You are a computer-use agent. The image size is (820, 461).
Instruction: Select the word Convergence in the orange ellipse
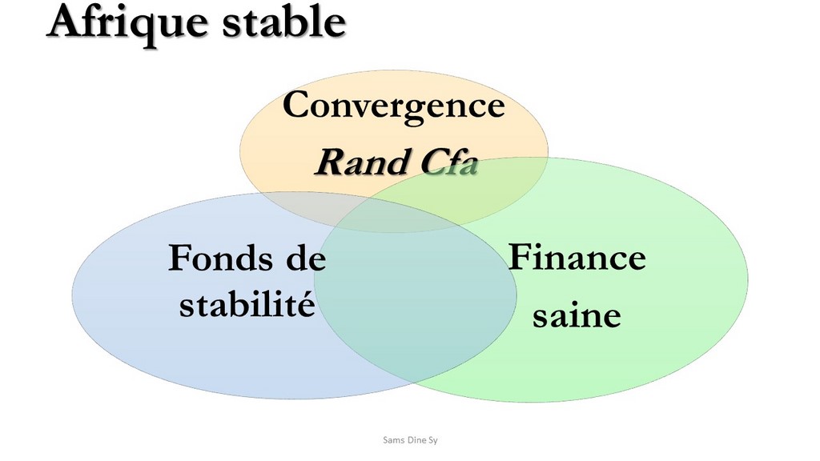[394, 106]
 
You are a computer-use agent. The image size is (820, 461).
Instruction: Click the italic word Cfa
[449, 162]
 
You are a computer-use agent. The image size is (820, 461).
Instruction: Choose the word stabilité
[247, 303]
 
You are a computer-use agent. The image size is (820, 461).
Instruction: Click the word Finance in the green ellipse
[577, 257]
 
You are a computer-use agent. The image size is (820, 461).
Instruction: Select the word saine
[577, 315]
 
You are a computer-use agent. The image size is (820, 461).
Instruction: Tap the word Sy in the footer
[433, 441]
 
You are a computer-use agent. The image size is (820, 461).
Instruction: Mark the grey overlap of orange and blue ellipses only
[308, 206]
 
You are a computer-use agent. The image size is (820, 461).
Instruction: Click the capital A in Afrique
[68, 21]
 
